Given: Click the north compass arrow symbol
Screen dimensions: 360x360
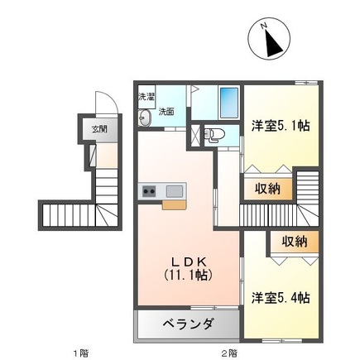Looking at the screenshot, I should point(269,40).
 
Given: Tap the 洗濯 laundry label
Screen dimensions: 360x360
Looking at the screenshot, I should point(146,97).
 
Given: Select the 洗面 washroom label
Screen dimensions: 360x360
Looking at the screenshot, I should point(166,111).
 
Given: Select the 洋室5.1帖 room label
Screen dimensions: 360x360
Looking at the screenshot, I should point(280,127).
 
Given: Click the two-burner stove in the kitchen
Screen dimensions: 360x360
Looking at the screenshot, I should point(150,191).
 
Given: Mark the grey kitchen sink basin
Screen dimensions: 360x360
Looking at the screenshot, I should point(175,191).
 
